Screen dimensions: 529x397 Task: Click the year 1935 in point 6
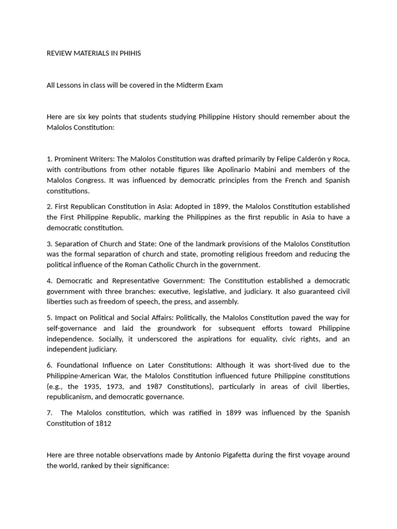(x=100, y=386)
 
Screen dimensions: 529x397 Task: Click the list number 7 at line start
(x=49, y=413)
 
